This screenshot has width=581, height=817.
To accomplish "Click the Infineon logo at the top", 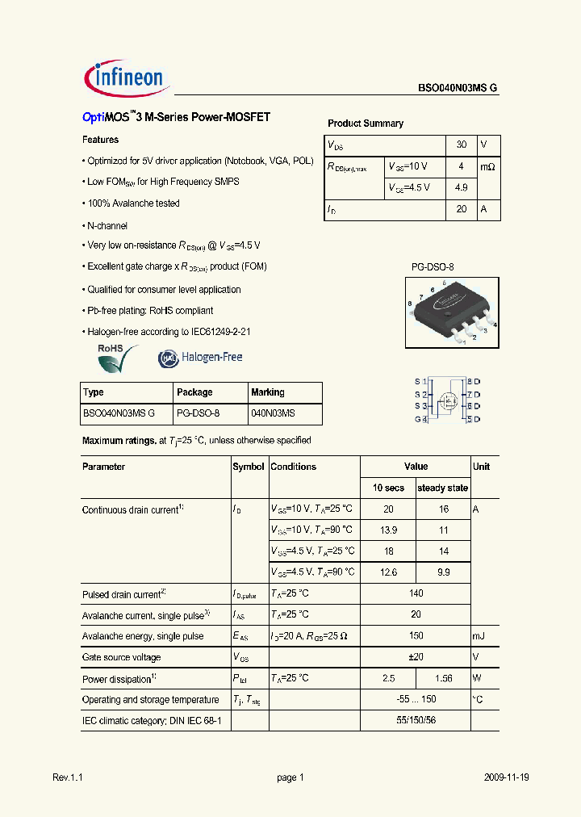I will [126, 78].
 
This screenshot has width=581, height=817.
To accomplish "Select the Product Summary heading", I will [365, 124].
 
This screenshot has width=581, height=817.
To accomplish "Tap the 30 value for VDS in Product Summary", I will [462, 145].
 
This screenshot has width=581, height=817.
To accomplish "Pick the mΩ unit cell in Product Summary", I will [487, 167].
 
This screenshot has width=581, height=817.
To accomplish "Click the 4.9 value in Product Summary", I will [462, 188].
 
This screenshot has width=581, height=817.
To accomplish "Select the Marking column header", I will [268, 392].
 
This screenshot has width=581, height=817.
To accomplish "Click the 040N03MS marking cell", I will [273, 413].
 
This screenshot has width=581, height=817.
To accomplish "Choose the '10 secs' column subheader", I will [388, 488].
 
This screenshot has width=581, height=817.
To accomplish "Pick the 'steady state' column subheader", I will [442, 488].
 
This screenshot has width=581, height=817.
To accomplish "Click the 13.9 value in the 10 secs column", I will [388, 530].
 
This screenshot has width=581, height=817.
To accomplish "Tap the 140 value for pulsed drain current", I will [416, 593].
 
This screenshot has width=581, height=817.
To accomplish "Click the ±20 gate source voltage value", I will [416, 657].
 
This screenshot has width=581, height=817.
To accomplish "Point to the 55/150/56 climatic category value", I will [416, 719].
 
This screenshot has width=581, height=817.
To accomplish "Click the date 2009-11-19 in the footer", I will [507, 777].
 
